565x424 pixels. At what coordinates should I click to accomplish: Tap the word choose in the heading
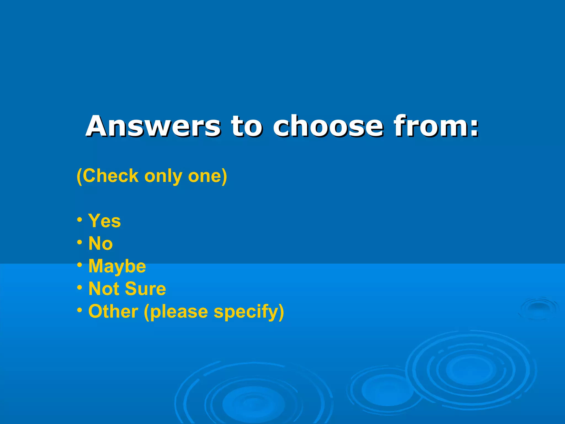click(328, 126)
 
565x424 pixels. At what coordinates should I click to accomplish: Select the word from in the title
click(431, 126)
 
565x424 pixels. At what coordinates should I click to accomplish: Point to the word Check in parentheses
click(110, 176)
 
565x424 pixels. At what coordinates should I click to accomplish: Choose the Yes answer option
click(105, 221)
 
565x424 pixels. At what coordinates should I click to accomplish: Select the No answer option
click(100, 243)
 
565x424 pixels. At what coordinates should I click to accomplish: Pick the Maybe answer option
click(117, 267)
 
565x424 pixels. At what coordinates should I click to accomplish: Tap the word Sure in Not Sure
click(145, 289)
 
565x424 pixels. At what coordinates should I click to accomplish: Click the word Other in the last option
click(113, 311)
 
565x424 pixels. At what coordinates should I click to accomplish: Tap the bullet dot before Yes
click(79, 220)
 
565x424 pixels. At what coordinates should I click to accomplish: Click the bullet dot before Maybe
click(79, 265)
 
